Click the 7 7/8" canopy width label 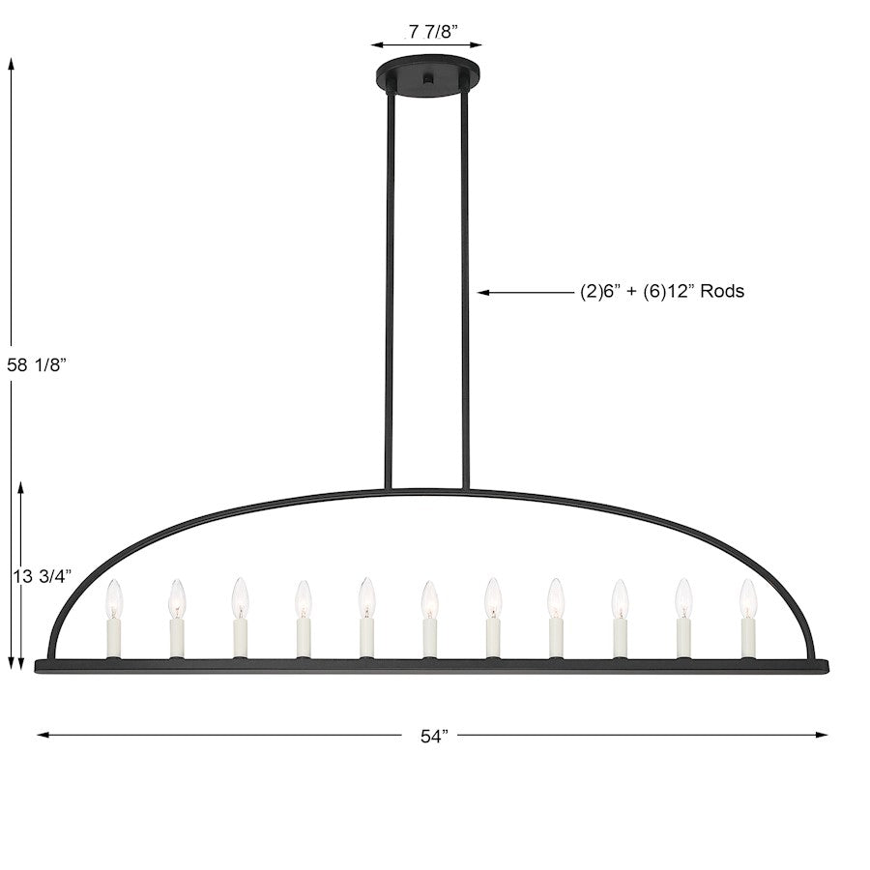[x=433, y=32]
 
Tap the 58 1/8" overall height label [x=37, y=364]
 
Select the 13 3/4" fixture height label [x=43, y=576]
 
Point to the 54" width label [x=434, y=737]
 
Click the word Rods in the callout [x=722, y=291]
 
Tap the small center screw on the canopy [x=428, y=79]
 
